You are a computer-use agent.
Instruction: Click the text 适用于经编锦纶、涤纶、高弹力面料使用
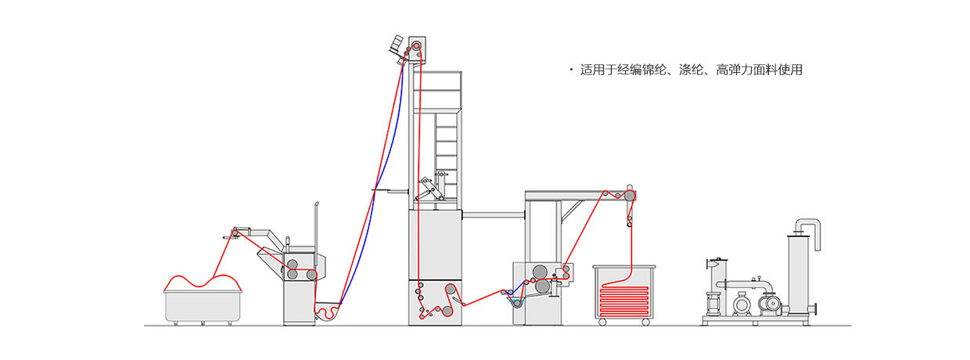[x=691, y=70]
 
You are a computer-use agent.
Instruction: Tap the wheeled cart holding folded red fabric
[x=623, y=293]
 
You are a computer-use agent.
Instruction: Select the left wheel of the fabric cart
[x=602, y=322]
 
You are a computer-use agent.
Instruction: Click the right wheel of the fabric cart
[x=645, y=322]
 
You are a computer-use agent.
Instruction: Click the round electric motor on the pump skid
[x=742, y=302]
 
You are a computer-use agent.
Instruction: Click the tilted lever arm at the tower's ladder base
[x=426, y=188]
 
